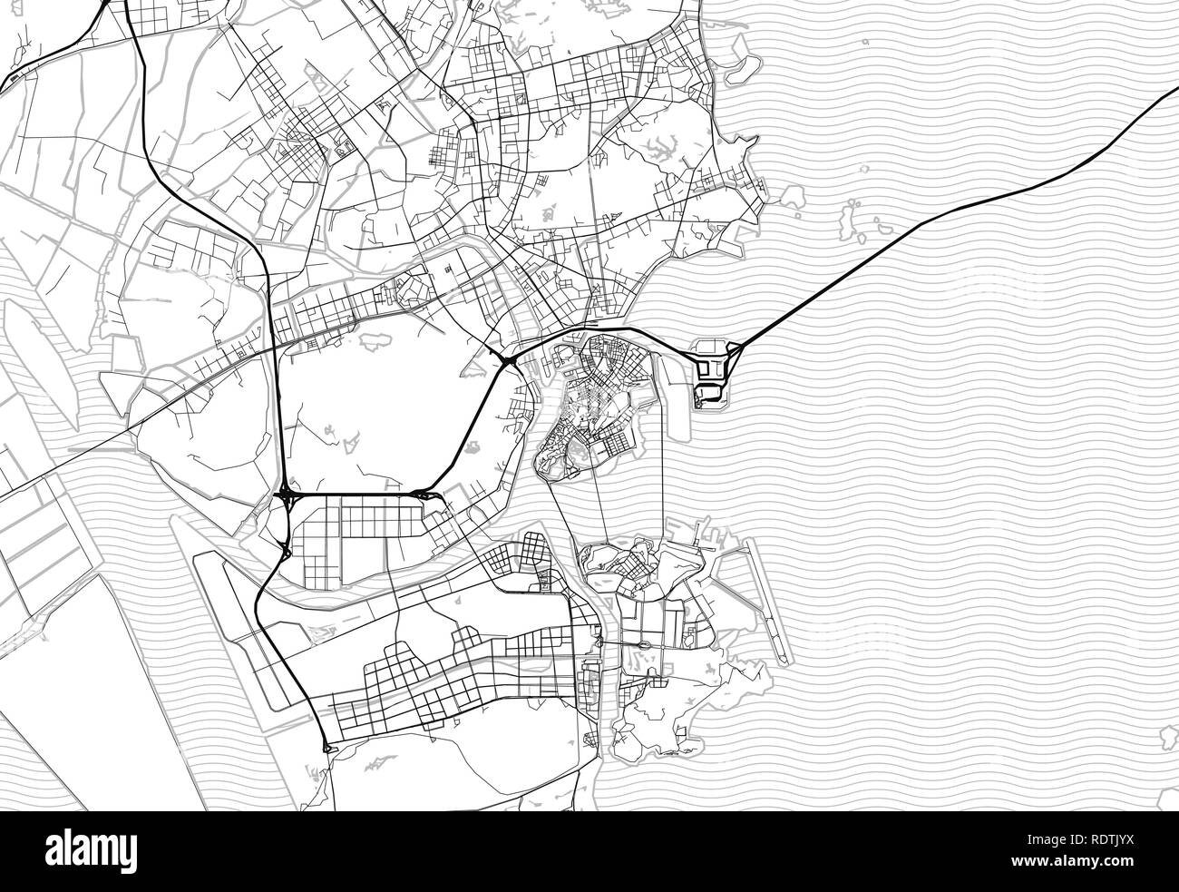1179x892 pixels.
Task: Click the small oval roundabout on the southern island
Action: coord(644,644)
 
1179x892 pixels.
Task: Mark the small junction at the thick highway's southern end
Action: coord(326,748)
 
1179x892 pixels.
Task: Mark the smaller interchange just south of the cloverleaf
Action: coord(287,549)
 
